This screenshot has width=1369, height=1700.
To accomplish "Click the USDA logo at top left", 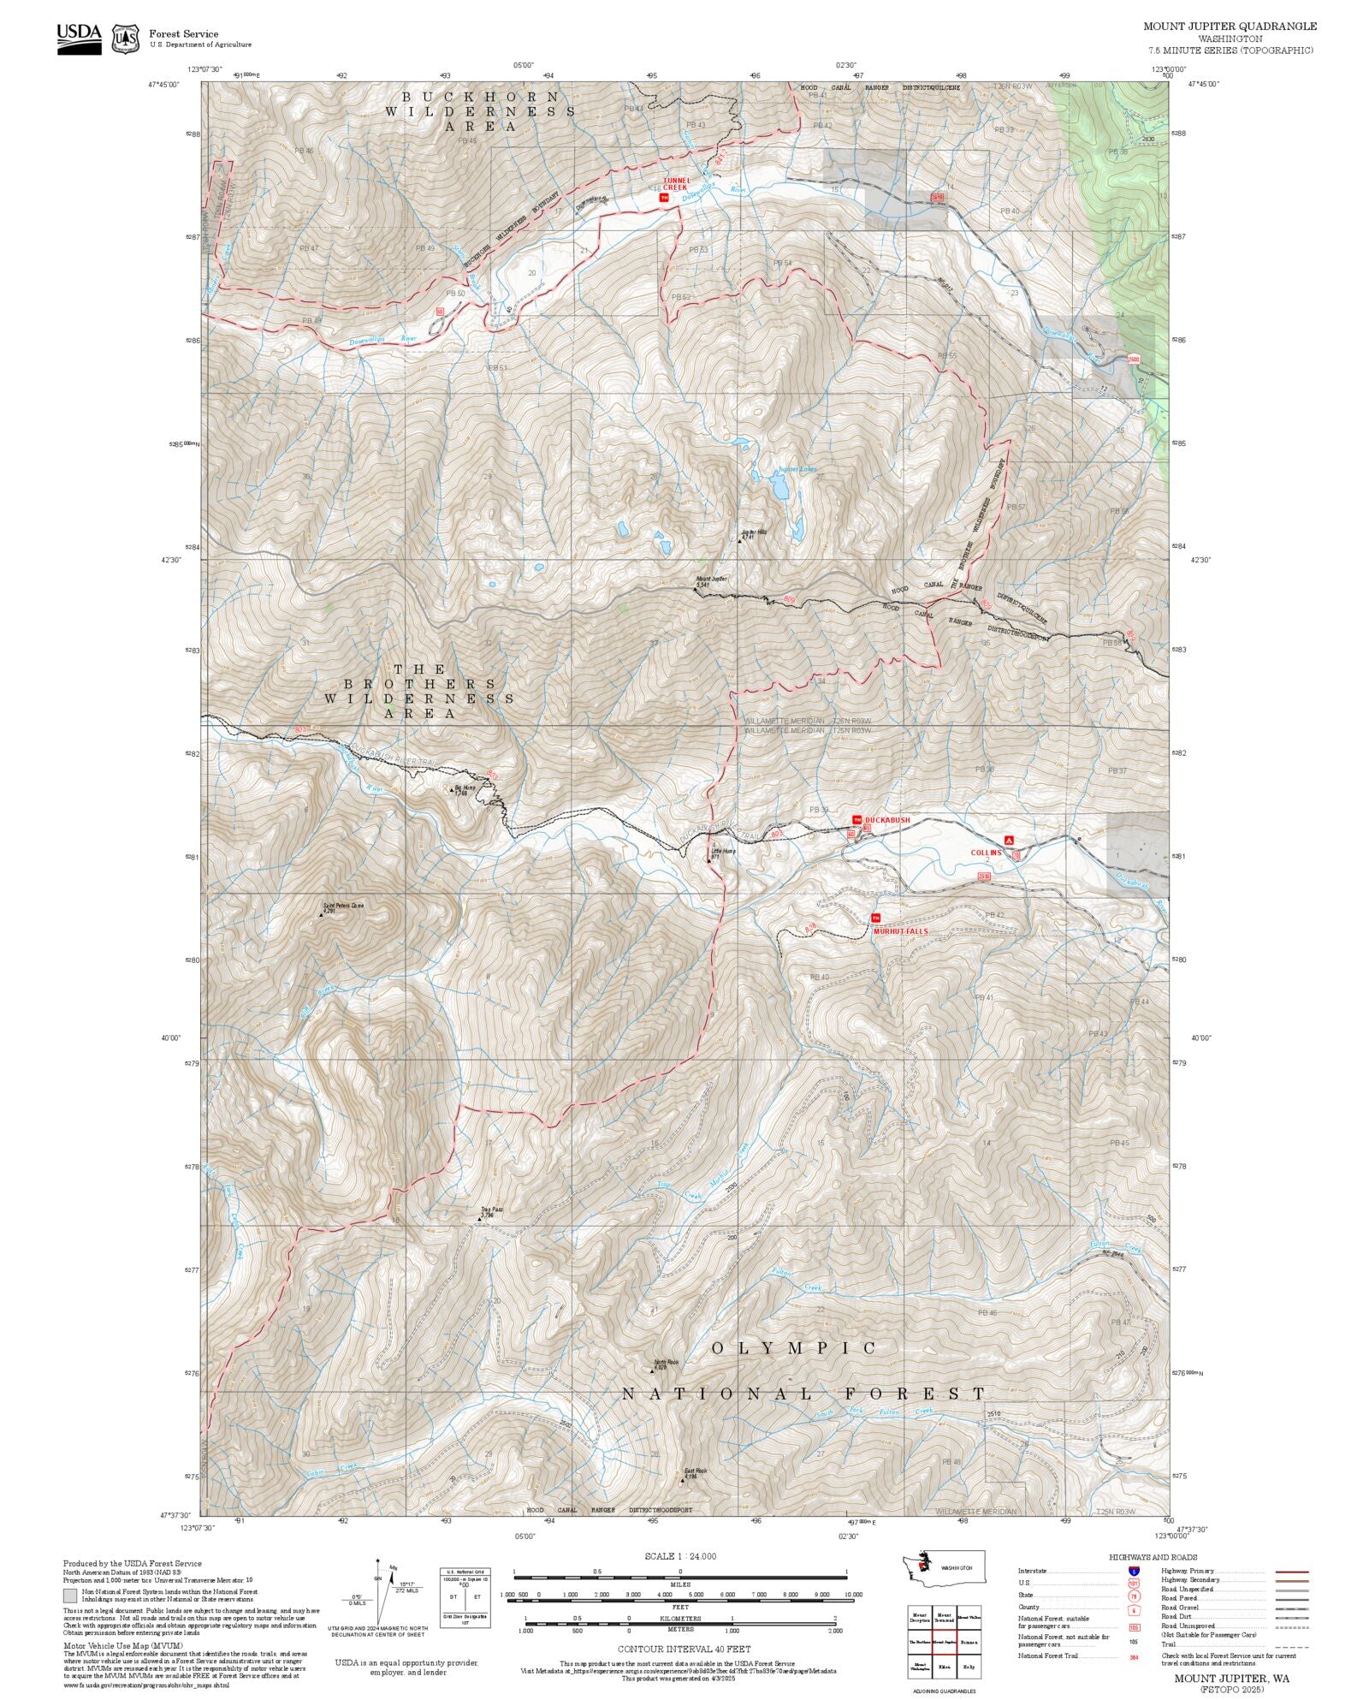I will tap(79, 39).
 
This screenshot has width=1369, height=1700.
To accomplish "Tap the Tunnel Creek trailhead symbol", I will tap(663, 198).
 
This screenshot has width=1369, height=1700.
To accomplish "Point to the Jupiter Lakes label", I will tap(797, 470).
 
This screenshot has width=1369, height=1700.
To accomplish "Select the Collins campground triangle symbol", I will tap(1009, 840).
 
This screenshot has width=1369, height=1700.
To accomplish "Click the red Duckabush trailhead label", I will tap(887, 820).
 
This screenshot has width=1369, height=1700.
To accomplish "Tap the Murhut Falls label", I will tap(900, 931).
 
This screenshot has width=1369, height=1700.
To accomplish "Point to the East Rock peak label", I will tap(695, 1473).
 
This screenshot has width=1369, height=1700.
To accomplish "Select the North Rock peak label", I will tap(666, 1364).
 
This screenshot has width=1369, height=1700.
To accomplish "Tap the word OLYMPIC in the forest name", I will tap(795, 1348).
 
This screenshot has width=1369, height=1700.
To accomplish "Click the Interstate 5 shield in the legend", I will tap(1134, 1572).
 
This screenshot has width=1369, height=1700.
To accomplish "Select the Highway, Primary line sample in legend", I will tap(1291, 1572).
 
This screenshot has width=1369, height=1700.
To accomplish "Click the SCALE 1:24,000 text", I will tap(680, 1556).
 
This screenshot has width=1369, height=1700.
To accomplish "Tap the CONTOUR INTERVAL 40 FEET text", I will tap(684, 1649).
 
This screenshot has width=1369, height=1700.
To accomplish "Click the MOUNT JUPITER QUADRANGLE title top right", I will tap(1230, 27).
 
